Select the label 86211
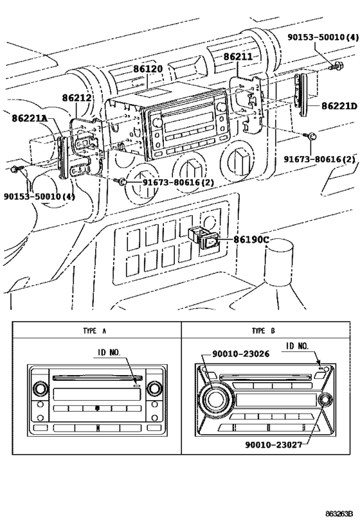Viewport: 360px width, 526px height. tap(239, 57)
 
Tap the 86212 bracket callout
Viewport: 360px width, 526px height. tap(77, 99)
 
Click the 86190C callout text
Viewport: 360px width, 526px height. tap(251, 240)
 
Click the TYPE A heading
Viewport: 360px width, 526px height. tap(95, 330)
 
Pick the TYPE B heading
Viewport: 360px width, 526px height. tap(264, 330)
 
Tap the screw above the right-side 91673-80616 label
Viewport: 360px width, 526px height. tap(310, 136)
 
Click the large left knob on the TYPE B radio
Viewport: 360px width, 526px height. tap(215, 399)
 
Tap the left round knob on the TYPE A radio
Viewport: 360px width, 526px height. tap(40, 389)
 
